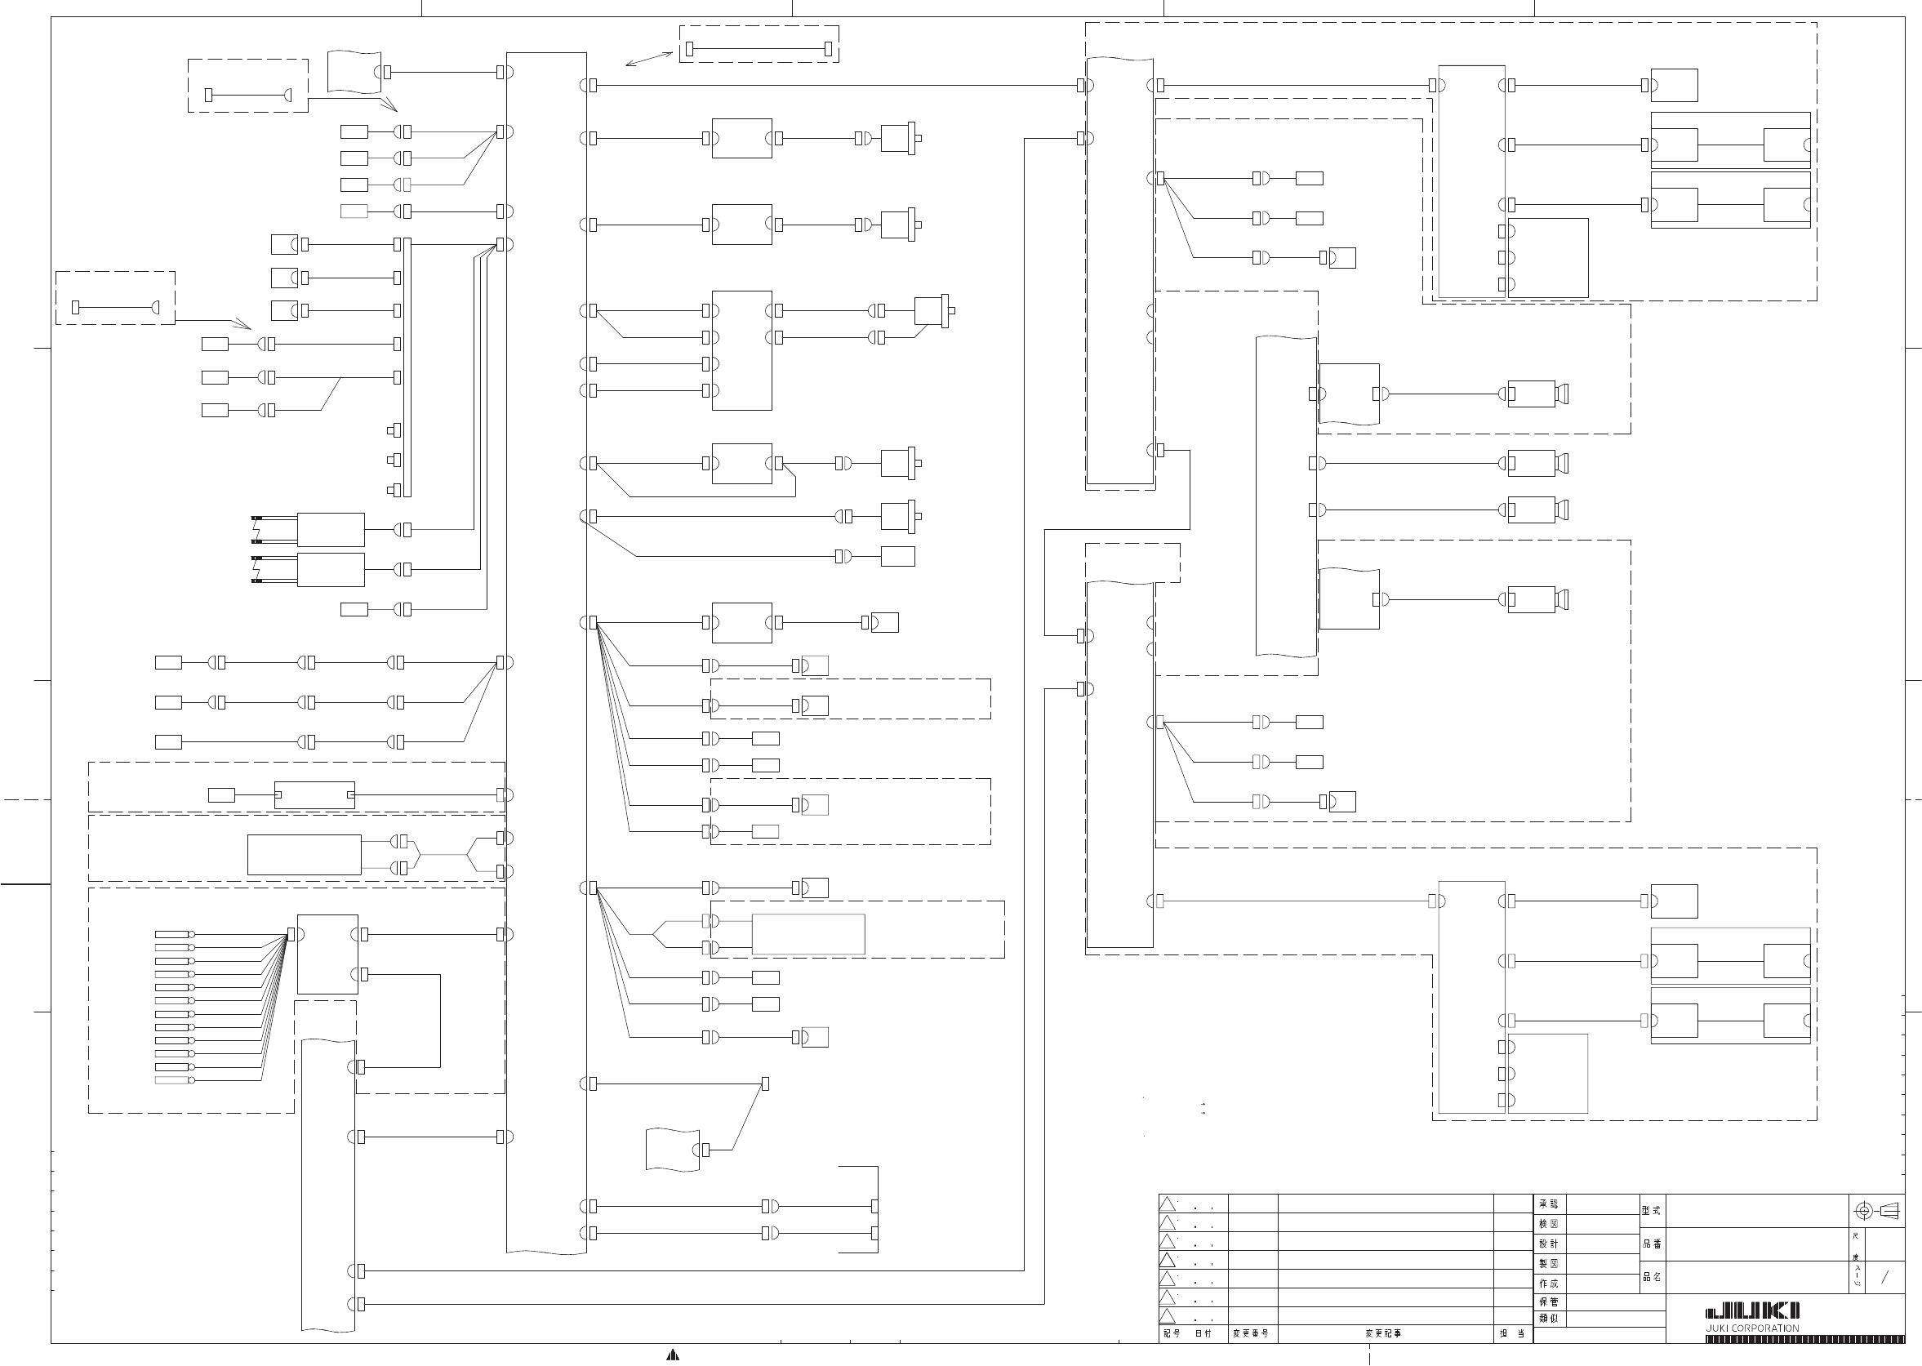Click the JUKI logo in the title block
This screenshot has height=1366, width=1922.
click(1752, 1311)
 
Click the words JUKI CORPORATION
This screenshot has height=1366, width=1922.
click(1752, 1329)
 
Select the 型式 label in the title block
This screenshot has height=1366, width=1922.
click(1651, 1211)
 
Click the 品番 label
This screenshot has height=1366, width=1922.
click(1651, 1244)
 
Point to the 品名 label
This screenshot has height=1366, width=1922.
click(1651, 1277)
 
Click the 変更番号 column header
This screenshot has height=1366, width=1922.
click(1251, 1334)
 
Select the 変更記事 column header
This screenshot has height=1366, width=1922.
click(1384, 1334)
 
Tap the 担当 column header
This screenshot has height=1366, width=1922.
click(1511, 1334)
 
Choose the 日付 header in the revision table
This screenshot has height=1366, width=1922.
click(1203, 1334)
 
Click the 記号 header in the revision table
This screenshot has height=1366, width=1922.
click(1172, 1334)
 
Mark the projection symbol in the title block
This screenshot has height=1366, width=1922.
click(1876, 1211)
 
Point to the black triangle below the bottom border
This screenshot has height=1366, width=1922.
click(672, 1355)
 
